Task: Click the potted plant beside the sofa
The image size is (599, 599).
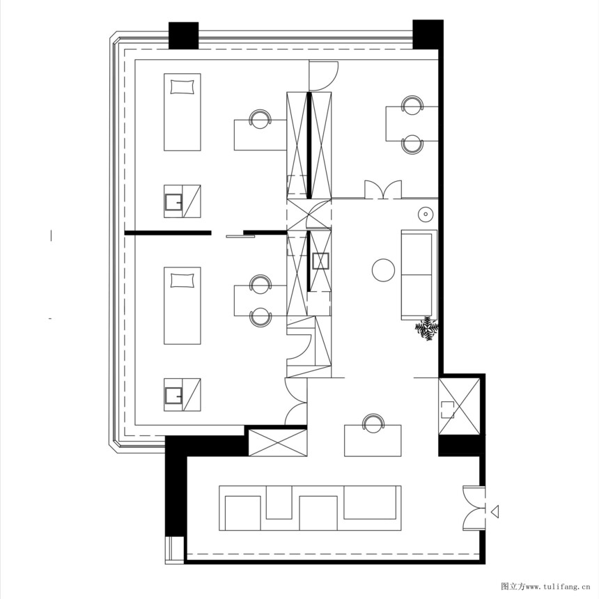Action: click(x=427, y=328)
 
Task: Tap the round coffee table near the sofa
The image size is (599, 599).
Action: click(x=383, y=270)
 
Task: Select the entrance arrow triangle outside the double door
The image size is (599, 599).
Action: click(x=495, y=511)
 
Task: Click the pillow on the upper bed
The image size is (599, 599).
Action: click(x=182, y=87)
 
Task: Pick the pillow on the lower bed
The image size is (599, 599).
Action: click(x=182, y=281)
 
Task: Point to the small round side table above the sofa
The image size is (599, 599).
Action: click(x=425, y=215)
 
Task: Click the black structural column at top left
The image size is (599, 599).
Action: click(x=183, y=36)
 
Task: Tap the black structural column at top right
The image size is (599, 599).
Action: click(x=428, y=34)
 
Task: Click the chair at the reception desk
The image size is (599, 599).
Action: click(x=373, y=423)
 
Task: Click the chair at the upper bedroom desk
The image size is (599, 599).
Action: click(x=260, y=118)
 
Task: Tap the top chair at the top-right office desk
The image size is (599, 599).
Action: click(x=412, y=104)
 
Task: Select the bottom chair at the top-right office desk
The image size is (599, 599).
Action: click(x=412, y=144)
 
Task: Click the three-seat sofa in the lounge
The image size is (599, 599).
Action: click(x=419, y=274)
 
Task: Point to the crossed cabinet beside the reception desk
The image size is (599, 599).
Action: click(x=278, y=442)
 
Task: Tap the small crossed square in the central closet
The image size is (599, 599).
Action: click(x=320, y=262)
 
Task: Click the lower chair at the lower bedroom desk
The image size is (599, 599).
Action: click(x=260, y=318)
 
